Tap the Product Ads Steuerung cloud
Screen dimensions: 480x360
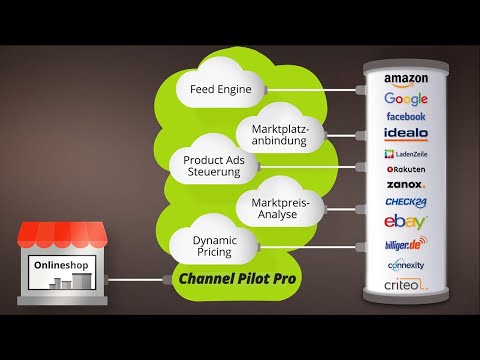pyautogui.click(x=211, y=165)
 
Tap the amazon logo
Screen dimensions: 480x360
pyautogui.click(x=405, y=80)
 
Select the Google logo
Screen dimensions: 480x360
pyautogui.click(x=405, y=98)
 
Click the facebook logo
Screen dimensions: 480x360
pyautogui.click(x=405, y=116)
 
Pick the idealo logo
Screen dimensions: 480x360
pyautogui.click(x=405, y=133)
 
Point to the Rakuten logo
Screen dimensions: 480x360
pyautogui.click(x=405, y=169)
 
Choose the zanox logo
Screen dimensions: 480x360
pyautogui.click(x=405, y=185)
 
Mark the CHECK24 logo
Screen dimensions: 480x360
pyautogui.click(x=405, y=202)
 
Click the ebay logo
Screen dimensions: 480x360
pyautogui.click(x=405, y=222)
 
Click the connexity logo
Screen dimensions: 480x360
pyautogui.click(x=405, y=265)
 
